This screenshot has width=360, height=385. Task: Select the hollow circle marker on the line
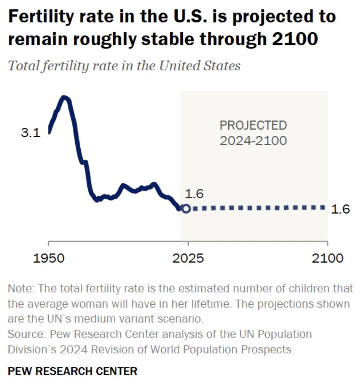(x=186, y=208)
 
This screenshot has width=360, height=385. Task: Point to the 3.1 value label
(x=30, y=134)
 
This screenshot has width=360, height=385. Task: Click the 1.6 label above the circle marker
(x=194, y=194)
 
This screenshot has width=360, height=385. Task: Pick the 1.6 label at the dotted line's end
(x=341, y=209)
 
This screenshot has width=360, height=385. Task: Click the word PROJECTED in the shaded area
(x=253, y=125)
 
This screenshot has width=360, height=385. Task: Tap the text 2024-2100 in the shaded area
(x=253, y=141)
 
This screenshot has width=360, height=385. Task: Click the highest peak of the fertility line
(x=65, y=97)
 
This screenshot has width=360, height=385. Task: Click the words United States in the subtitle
(x=200, y=66)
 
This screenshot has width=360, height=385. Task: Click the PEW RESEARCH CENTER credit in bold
(x=72, y=371)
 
